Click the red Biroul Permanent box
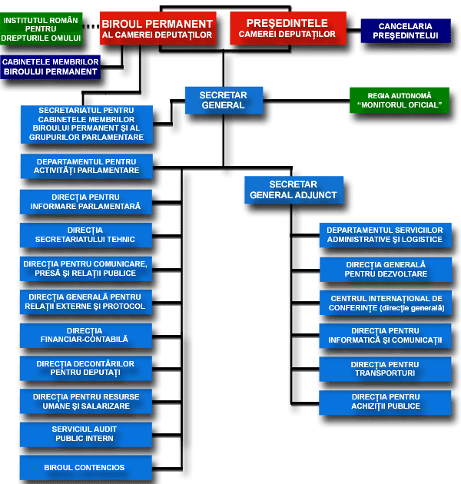click(x=158, y=28)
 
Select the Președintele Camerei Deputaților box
click(x=288, y=28)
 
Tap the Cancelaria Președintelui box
click(x=406, y=31)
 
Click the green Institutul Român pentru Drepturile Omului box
click(x=41, y=28)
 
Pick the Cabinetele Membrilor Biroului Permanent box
click(x=51, y=67)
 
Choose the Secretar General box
click(x=224, y=101)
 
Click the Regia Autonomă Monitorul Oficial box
click(x=400, y=101)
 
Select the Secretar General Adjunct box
click(x=294, y=190)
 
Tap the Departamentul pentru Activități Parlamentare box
click(x=87, y=166)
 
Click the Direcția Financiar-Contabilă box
click(x=86, y=336)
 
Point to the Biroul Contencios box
click(x=85, y=468)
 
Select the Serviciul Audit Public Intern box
click(x=86, y=434)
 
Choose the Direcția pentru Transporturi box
click(x=385, y=369)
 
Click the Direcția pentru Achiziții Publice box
click(x=385, y=403)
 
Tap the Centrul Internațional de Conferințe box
click(x=386, y=303)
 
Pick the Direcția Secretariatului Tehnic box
click(x=86, y=235)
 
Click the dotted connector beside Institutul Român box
click(x=91, y=27)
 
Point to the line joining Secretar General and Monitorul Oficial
click(x=307, y=101)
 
